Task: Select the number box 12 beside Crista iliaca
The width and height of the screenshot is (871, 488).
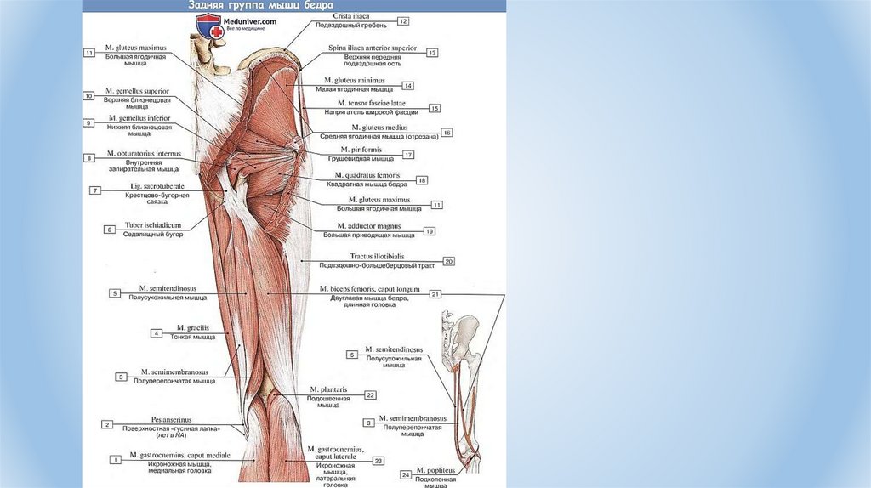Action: coord(402,20)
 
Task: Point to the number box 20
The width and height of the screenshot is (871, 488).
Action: coord(449,261)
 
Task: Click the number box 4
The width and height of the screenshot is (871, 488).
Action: coord(157,333)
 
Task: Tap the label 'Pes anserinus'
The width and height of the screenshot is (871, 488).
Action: coord(172,419)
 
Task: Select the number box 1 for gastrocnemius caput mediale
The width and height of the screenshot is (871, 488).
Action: coord(114,459)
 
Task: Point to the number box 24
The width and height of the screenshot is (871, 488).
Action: coord(406,474)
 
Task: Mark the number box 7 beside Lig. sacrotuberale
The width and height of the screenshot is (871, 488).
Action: coord(96,190)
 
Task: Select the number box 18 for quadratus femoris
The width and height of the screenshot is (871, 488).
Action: coord(422,180)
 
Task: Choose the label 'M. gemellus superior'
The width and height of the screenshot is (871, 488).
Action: coord(137,90)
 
